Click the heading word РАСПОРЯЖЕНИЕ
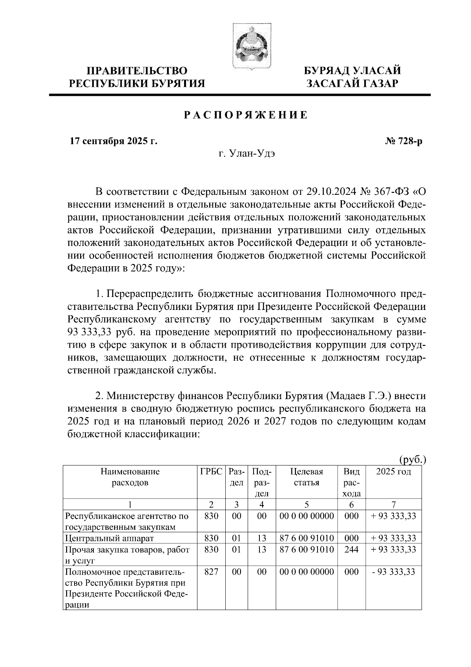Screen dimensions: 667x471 246,115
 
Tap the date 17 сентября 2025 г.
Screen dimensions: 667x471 113,141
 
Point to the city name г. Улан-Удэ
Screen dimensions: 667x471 246,154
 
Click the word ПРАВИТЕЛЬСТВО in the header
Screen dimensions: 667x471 137,71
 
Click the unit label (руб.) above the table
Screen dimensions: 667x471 413,460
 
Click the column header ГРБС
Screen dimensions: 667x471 211,472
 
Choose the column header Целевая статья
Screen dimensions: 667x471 307,477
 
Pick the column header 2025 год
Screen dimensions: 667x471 394,472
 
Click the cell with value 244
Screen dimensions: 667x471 351,550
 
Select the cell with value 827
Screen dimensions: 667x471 211,572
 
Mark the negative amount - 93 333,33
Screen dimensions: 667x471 394,572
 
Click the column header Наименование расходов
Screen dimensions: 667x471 130,477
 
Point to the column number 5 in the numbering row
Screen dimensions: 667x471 307,505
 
